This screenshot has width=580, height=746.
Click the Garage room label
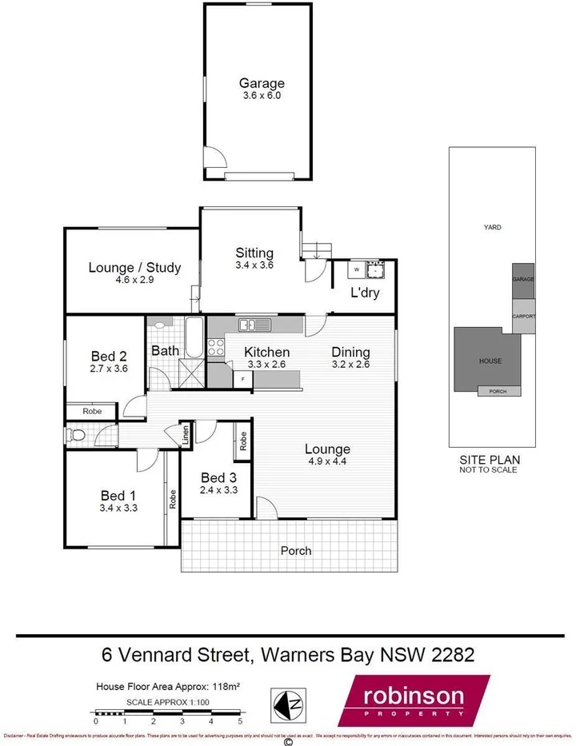[x=262, y=83]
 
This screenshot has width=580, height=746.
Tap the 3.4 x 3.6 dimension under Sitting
[x=254, y=265]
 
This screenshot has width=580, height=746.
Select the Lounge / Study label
[x=134, y=268]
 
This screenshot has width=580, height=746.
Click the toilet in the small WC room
[x=77, y=436]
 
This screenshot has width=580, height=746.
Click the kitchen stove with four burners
[x=216, y=347]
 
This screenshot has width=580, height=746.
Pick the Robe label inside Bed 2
[x=92, y=411]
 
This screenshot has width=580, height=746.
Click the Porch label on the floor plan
[x=295, y=551]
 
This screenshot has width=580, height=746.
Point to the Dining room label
[x=350, y=352]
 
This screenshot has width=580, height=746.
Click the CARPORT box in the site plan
[x=524, y=316]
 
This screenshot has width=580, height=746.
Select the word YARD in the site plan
[x=492, y=227]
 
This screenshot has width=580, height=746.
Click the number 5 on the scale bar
[x=239, y=721]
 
